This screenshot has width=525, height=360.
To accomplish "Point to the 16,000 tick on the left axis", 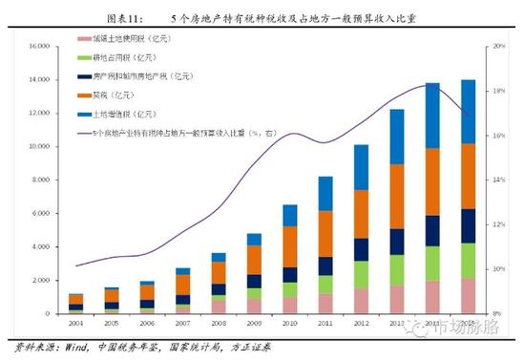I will tap(36, 46).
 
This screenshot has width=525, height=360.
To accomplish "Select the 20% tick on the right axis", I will tap(498, 46).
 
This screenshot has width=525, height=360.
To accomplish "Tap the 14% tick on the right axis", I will tap(498, 180).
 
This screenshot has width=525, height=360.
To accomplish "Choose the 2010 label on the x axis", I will tap(289, 324).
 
